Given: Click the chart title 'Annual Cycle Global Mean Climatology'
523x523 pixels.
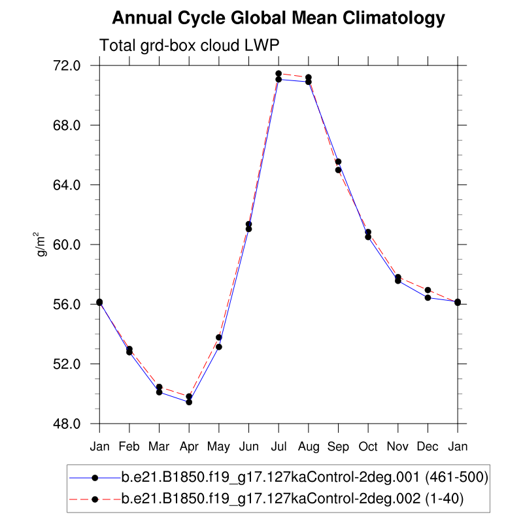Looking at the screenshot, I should coord(278,18).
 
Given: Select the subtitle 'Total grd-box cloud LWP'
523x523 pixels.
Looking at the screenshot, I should coord(190,46).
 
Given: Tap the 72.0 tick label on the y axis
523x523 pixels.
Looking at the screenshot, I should coord(67,65).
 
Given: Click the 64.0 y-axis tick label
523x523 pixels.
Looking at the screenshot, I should coord(67,185).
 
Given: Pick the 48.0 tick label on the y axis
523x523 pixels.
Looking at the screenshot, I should coord(67,424).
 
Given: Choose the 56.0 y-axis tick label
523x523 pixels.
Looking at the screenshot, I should coord(67,304).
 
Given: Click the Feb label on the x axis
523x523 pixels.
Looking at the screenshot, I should coord(129,447).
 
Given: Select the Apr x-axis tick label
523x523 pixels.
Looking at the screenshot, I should coord(189,447).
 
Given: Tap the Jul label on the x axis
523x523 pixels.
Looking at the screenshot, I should coord(278,447).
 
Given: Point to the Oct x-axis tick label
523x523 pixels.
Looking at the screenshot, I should coord(368,447).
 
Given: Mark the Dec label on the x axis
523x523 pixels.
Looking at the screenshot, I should coord(428,447).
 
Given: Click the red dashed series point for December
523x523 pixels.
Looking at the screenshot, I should coord(428,290).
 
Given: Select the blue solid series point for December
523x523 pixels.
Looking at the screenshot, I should coord(428,297).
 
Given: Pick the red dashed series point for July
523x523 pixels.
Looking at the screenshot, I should coord(278,74).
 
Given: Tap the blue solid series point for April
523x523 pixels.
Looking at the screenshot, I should coord(189,402).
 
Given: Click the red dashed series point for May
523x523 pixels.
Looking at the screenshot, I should coord(219,337).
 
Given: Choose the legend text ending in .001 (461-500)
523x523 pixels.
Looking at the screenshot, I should coord(305,477).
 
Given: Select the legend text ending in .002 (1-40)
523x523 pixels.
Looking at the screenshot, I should coord(292,499).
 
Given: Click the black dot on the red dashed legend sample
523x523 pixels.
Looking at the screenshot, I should coord(95,499).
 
